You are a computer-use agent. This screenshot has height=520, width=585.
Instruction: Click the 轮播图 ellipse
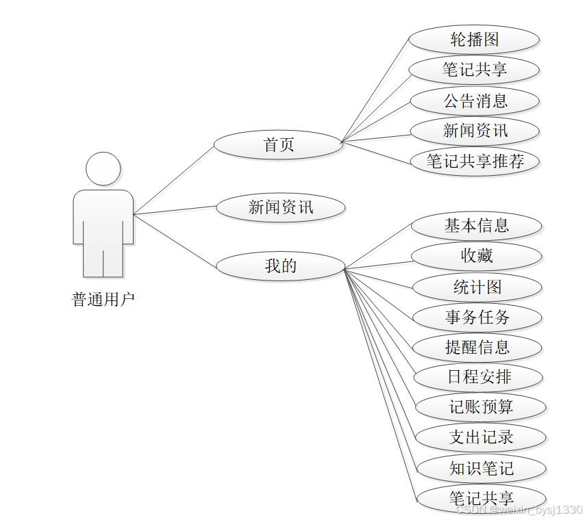(474, 40)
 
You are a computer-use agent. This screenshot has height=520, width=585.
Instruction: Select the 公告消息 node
(475, 101)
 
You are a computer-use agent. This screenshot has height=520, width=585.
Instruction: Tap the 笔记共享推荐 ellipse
(475, 161)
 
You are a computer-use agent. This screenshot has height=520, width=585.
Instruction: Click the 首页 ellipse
(278, 145)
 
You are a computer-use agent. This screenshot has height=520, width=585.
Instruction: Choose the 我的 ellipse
(280, 266)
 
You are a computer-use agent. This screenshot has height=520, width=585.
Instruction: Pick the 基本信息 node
(476, 226)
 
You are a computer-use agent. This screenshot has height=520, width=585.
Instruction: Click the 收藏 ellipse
(476, 257)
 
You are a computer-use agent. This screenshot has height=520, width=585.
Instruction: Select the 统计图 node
(477, 287)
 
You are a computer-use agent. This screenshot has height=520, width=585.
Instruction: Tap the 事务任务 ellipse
(477, 317)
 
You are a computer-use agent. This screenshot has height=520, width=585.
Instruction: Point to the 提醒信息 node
(477, 348)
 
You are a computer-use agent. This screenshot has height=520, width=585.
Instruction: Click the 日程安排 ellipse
(478, 377)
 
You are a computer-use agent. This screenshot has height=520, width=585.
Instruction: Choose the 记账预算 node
(480, 407)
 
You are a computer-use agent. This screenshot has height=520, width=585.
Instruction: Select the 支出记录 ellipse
(480, 437)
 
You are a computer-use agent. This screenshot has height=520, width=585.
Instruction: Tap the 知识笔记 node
(481, 469)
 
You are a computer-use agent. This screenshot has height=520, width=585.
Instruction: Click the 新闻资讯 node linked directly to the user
(280, 207)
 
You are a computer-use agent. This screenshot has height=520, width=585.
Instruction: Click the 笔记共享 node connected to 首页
(474, 70)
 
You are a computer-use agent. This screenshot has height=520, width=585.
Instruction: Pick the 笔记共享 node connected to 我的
(481, 498)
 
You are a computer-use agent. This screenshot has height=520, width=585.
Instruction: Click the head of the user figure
(103, 169)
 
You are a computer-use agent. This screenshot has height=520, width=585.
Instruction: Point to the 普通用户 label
(103, 300)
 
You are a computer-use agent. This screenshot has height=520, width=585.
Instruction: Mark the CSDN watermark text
(519, 510)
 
